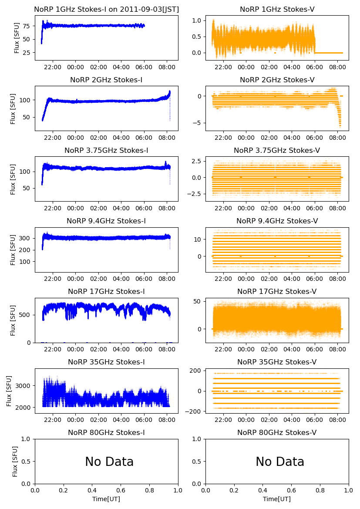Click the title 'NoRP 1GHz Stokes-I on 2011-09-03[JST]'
tap(106, 10)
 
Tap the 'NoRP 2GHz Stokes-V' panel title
tap(277, 80)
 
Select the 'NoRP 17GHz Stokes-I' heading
tap(106, 292)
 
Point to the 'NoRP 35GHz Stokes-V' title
tap(277, 362)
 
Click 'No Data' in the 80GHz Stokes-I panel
tap(109, 462)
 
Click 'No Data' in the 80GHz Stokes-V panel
tap(280, 462)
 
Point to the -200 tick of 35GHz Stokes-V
tap(194, 411)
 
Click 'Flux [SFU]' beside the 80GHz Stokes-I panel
tap(15, 462)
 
